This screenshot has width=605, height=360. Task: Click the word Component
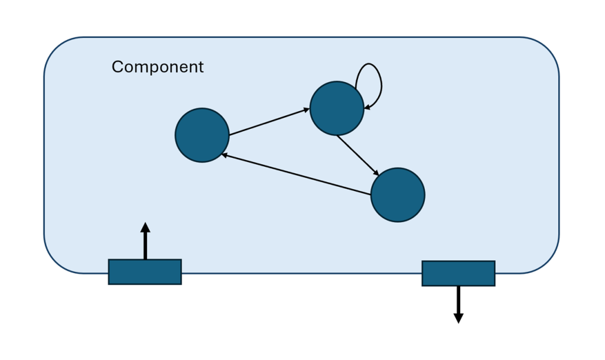click(x=157, y=67)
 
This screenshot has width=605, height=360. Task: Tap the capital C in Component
click(x=117, y=67)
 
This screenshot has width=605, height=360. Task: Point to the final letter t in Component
click(x=201, y=67)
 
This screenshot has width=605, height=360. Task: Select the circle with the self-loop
click(x=337, y=109)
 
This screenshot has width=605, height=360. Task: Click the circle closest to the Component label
click(x=202, y=135)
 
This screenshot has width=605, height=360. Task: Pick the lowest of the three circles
click(x=398, y=195)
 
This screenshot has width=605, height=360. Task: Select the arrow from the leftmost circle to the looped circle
click(x=269, y=122)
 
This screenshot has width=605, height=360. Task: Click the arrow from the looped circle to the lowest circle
click(x=357, y=155)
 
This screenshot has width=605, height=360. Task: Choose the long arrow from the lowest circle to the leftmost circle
click(x=295, y=174)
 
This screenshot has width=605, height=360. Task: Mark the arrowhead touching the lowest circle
click(x=376, y=173)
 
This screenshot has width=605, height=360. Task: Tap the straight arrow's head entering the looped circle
click(x=307, y=109)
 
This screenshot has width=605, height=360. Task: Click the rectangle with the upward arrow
click(x=145, y=272)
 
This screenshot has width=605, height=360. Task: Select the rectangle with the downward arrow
click(x=458, y=274)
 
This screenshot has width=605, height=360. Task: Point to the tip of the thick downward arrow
click(x=458, y=322)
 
